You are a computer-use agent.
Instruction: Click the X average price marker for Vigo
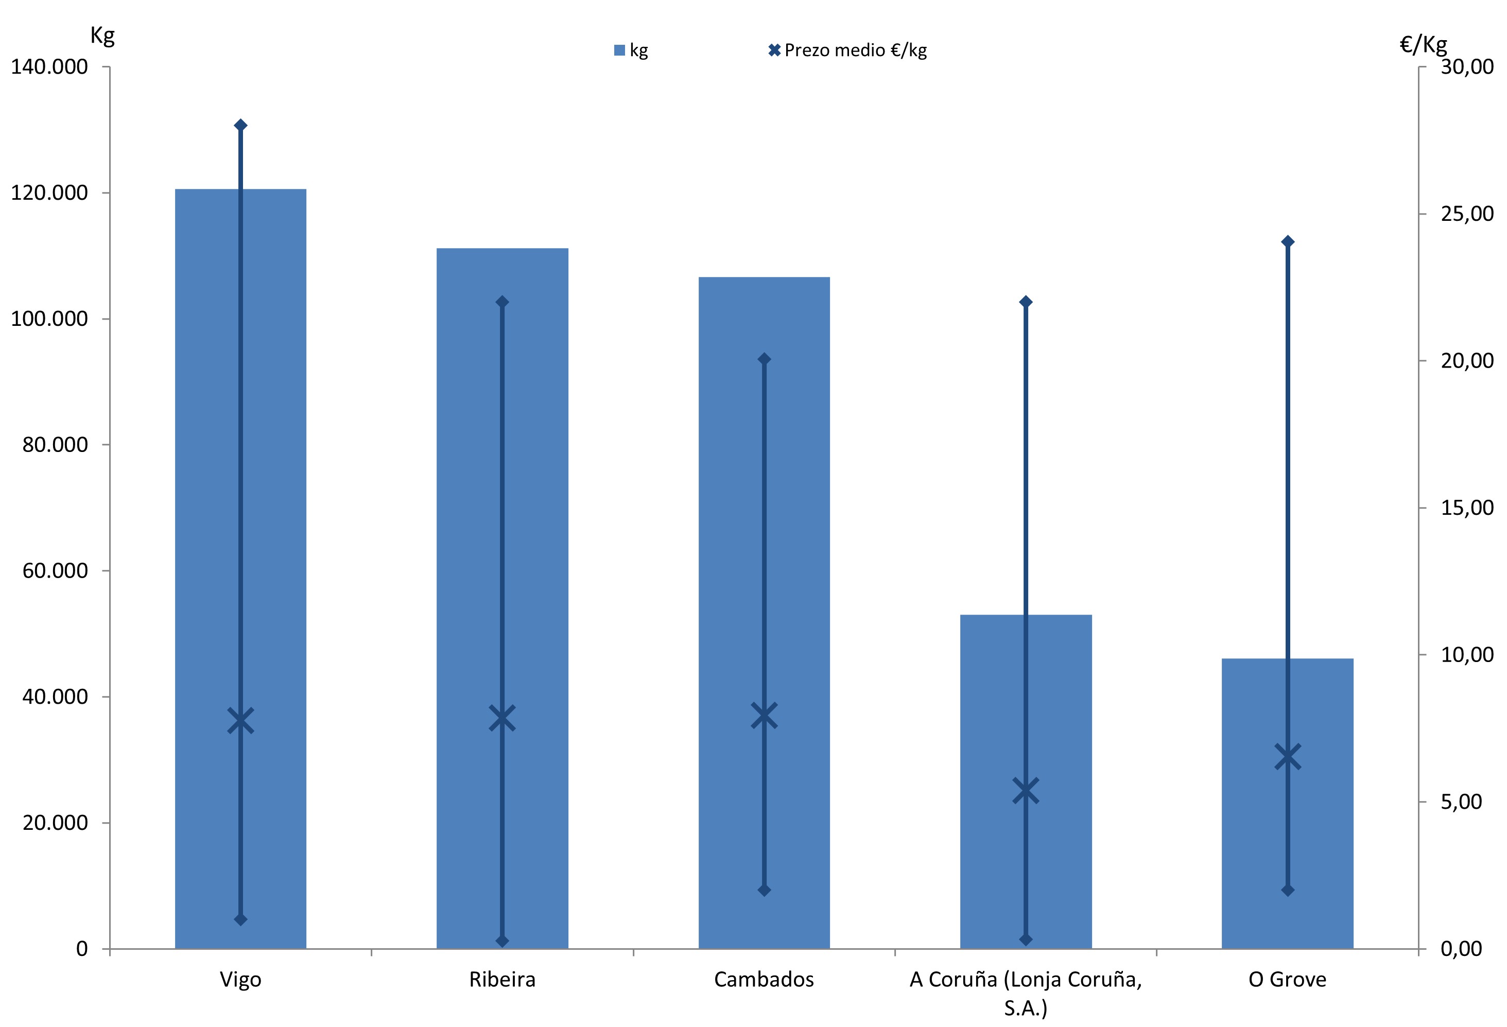coord(240,721)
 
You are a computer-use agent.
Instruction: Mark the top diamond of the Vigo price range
coord(240,125)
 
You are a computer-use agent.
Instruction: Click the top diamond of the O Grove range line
coord(1288,242)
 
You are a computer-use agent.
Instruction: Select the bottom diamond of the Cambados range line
coord(765,890)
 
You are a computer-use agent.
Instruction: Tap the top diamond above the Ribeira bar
coord(503,302)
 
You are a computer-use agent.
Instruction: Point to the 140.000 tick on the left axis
coord(49,67)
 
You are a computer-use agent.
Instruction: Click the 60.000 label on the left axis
coord(55,570)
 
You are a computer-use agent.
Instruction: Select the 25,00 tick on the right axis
coord(1467,214)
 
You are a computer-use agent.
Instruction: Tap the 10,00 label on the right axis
coord(1467,655)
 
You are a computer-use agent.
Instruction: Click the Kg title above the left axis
coord(102,36)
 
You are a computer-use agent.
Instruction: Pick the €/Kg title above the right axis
coord(1424,44)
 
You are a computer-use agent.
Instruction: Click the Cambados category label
coord(764,979)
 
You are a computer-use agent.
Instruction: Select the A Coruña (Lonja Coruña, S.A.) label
coord(1026,992)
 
